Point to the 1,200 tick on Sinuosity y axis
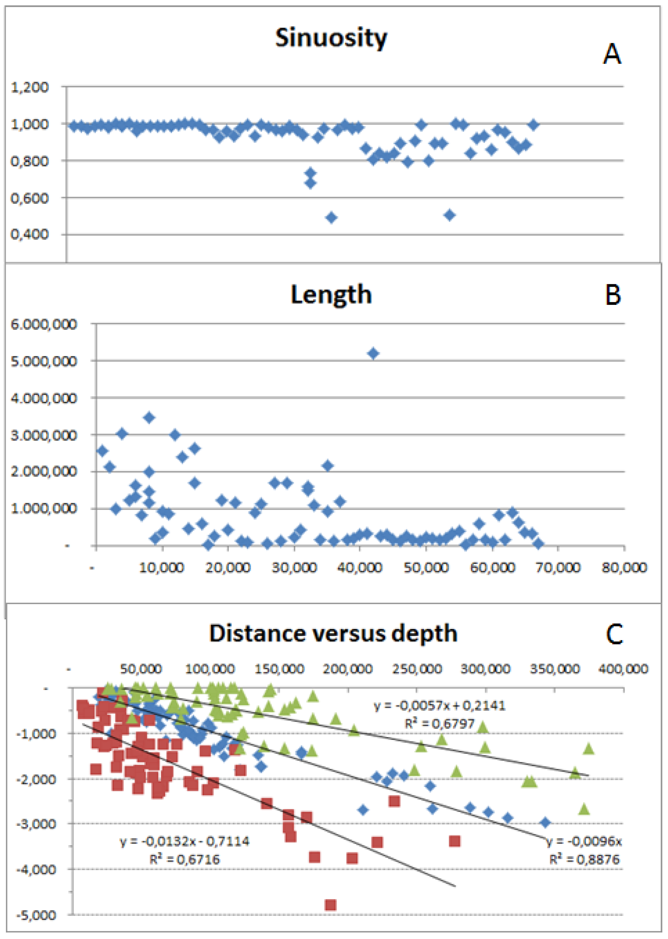[x=29, y=87]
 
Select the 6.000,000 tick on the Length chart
[x=44, y=324]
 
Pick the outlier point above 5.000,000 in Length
[x=373, y=354]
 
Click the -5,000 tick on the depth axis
[x=36, y=915]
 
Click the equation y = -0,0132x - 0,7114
[x=185, y=841]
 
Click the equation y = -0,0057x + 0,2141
[x=440, y=706]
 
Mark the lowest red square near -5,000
[x=330, y=905]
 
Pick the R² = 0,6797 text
[x=440, y=723]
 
